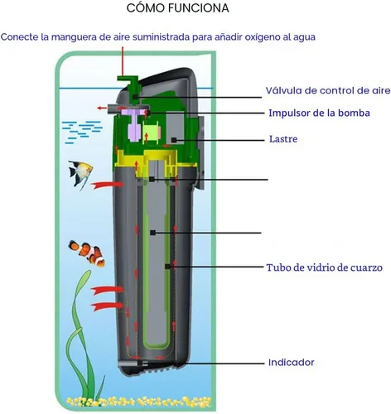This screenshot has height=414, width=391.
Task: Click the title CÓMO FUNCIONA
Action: pyautogui.click(x=178, y=8)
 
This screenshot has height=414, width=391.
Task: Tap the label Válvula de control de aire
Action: pyautogui.click(x=328, y=90)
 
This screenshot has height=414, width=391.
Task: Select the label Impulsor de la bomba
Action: pyautogui.click(x=319, y=113)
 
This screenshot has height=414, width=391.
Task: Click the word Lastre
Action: pyautogui.click(x=283, y=139)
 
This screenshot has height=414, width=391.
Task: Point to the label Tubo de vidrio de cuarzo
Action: pyautogui.click(x=325, y=267)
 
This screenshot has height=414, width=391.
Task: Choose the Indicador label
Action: pyautogui.click(x=292, y=362)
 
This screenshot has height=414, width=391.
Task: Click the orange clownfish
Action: pyautogui.click(x=87, y=253)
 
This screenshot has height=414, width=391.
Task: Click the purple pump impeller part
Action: pyautogui.click(x=134, y=125)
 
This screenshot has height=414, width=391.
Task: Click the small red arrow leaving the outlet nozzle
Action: pyautogui.click(x=102, y=108)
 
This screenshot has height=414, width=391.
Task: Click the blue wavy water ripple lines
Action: pyautogui.click(x=82, y=132)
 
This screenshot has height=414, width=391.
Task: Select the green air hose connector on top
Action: pyautogui.click(x=129, y=84)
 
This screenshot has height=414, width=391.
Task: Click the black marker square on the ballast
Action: pyautogui.click(x=174, y=140)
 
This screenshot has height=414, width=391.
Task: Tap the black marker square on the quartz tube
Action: pyautogui.click(x=167, y=267)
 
